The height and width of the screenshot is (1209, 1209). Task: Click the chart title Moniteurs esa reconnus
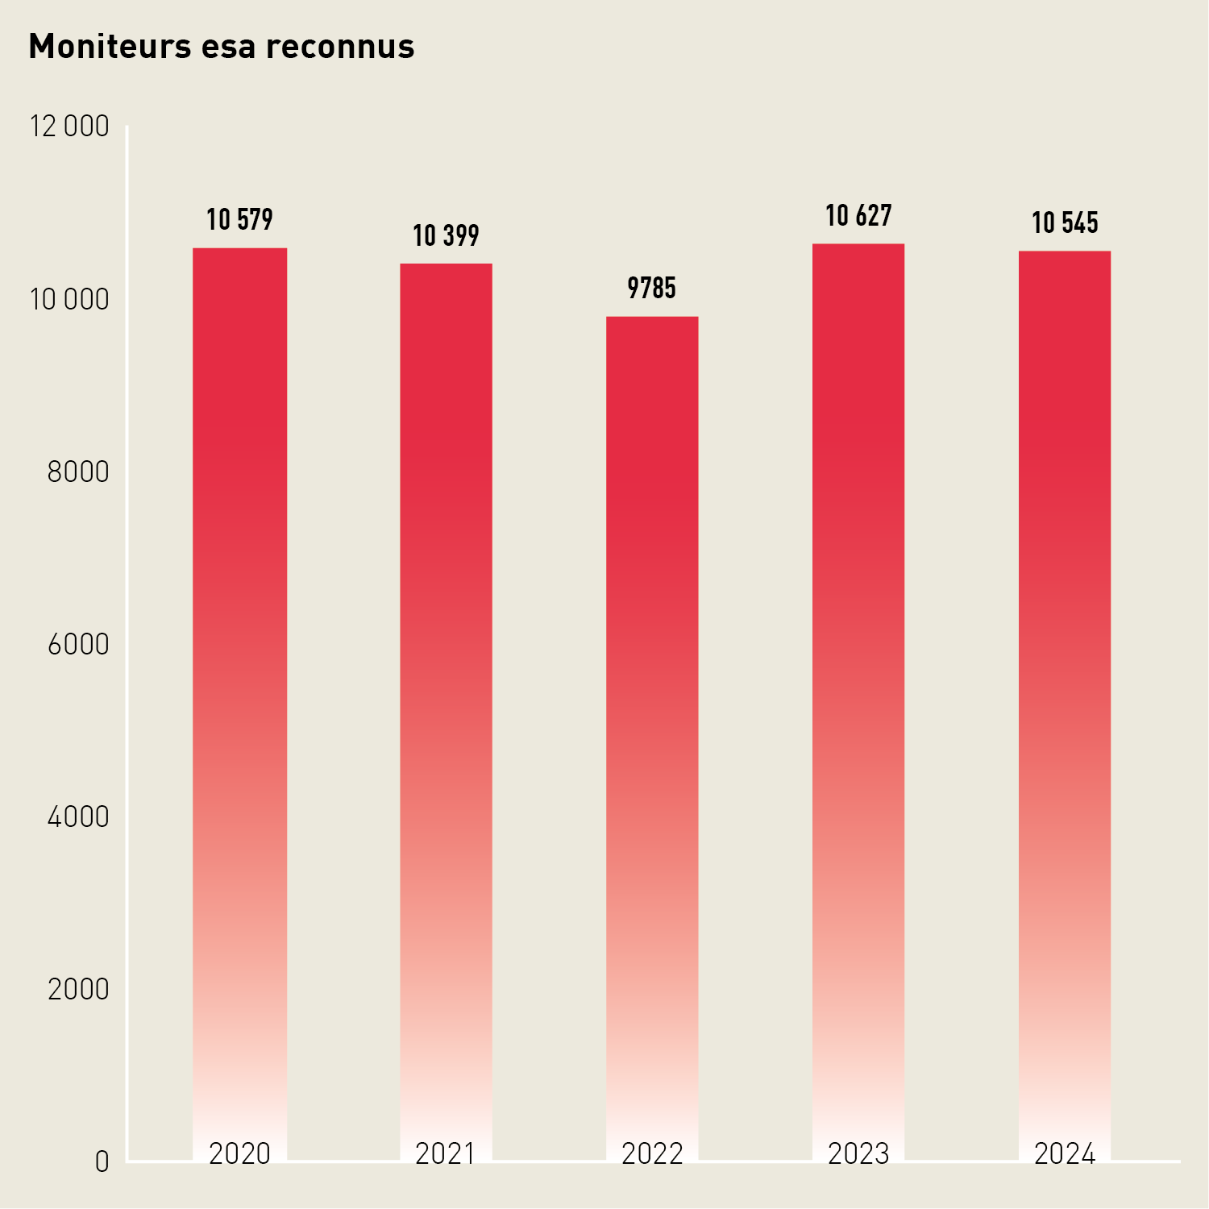(222, 47)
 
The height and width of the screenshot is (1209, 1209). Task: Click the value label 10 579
(239, 219)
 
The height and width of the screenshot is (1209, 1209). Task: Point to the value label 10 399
(446, 235)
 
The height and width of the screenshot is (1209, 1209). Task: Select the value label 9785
(652, 288)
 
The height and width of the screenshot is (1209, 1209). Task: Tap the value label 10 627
(858, 215)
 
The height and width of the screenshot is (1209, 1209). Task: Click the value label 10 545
(1065, 222)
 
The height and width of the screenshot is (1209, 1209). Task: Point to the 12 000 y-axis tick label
(69, 127)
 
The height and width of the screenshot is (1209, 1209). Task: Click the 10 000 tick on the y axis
(69, 299)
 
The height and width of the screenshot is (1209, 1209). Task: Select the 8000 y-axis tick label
(78, 472)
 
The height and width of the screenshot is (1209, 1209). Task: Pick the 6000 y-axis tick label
(78, 644)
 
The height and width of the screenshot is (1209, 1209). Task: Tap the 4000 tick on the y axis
(78, 816)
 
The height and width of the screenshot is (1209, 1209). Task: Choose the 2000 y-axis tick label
(78, 989)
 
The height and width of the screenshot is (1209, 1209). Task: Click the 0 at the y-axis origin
(102, 1161)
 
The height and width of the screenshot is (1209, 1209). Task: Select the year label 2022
(652, 1153)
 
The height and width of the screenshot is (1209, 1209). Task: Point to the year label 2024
(1065, 1153)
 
